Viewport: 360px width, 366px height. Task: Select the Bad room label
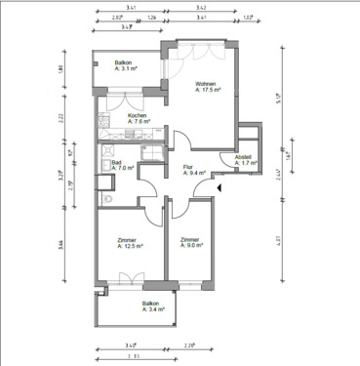pos(116,162)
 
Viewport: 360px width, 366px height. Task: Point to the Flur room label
pos(187,167)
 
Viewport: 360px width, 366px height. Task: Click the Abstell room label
pos(243,156)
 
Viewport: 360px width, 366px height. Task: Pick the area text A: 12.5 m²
pos(130,247)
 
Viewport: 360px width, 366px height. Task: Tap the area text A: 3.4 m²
pos(151,310)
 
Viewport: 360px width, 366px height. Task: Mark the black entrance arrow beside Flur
pos(221,186)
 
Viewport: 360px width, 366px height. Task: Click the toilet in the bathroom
pos(106,200)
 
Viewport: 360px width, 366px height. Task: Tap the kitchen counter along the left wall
pos(101,121)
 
